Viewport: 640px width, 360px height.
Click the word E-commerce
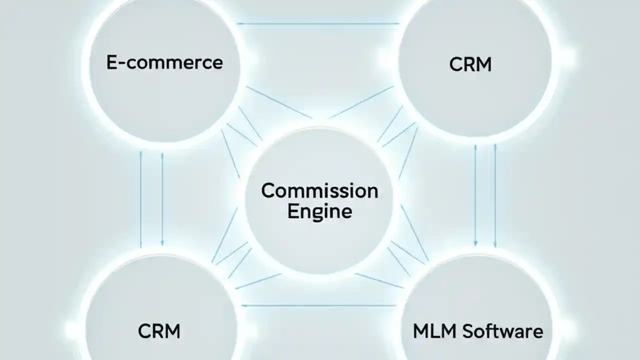point(164,62)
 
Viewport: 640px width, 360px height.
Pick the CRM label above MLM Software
point(470,64)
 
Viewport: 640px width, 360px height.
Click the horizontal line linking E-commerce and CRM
point(318,23)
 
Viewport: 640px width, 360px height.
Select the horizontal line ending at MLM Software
point(318,305)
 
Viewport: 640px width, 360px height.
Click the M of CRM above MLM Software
point(483,64)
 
